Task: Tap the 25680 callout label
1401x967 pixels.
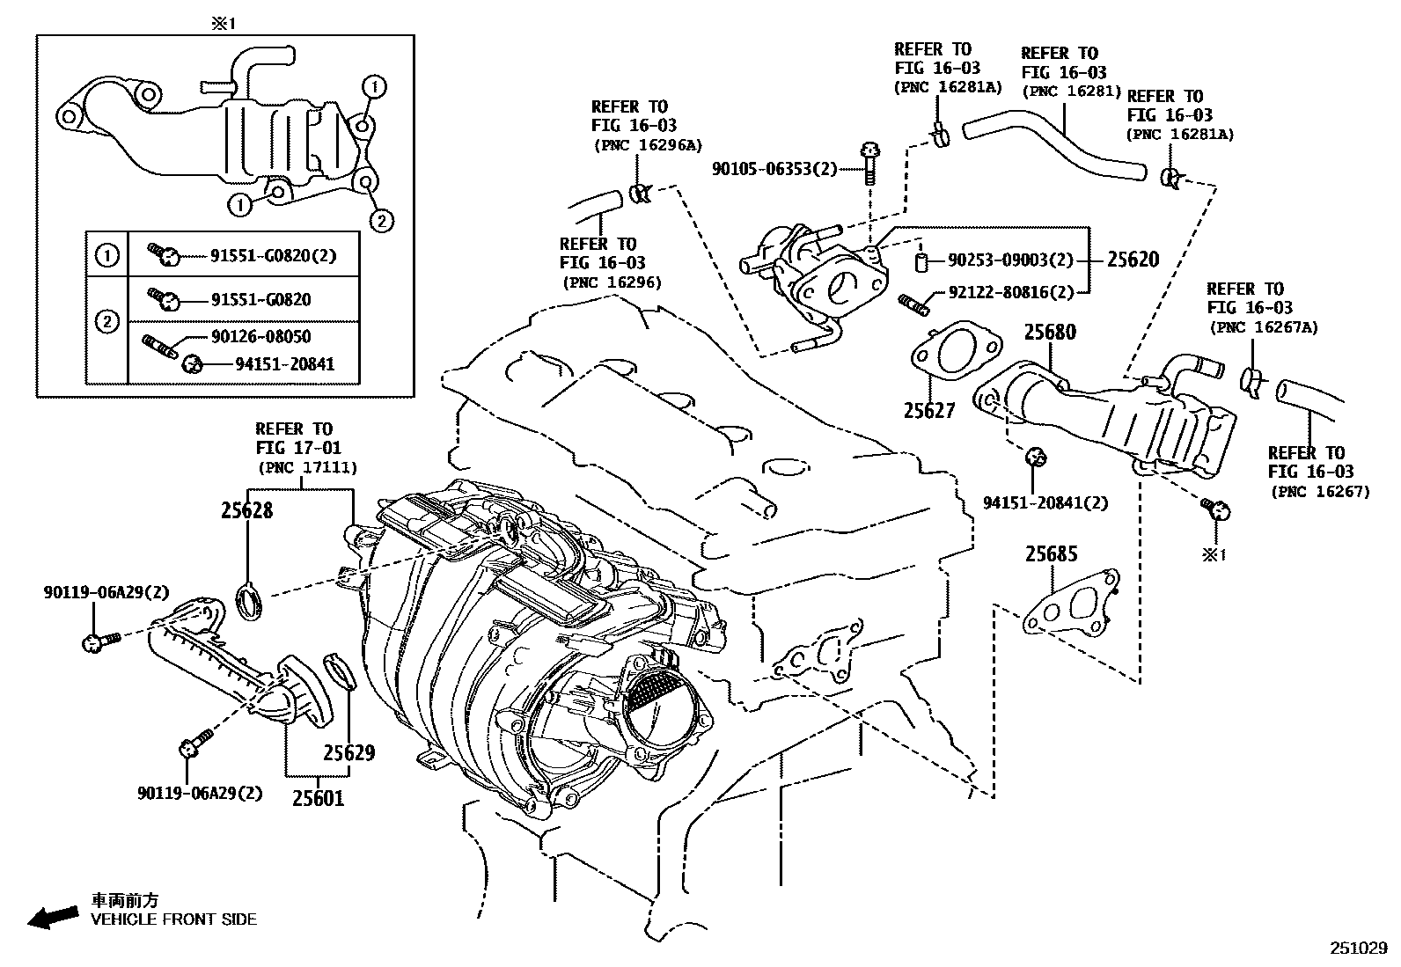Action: (1050, 333)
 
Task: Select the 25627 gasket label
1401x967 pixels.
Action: (929, 410)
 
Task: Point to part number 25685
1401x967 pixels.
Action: (1051, 554)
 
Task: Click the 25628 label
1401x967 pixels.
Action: (246, 510)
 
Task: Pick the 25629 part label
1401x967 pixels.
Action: (348, 752)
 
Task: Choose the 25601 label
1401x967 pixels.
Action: (319, 798)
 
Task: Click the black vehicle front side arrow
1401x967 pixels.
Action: (51, 915)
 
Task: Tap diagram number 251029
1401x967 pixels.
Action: (1358, 949)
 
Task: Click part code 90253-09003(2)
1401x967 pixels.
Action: (1011, 260)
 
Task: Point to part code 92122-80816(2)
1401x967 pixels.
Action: (1011, 293)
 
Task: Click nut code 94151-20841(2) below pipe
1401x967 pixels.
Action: (1045, 503)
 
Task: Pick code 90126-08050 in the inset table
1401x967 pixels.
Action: (260, 336)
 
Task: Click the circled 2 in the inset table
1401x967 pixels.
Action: (106, 321)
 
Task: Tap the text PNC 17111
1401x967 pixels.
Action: (307, 468)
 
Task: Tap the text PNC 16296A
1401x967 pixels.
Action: (648, 145)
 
